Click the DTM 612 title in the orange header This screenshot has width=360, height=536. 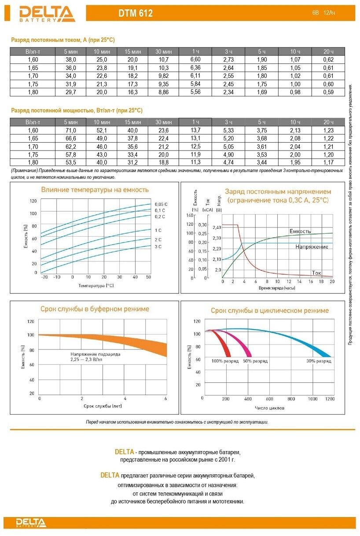pyautogui.click(x=136, y=14)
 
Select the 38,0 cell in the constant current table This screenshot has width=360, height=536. pyautogui.click(x=71, y=59)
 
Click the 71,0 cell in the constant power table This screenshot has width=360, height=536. pyautogui.click(x=71, y=130)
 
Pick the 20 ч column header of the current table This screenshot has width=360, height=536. pyautogui.click(x=328, y=51)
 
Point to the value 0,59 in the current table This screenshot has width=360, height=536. pyautogui.click(x=328, y=92)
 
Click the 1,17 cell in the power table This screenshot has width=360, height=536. pyautogui.click(x=328, y=162)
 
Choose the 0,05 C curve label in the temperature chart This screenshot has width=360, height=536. pyautogui.click(x=161, y=204)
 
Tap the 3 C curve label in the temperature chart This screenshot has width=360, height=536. pyautogui.click(x=158, y=247)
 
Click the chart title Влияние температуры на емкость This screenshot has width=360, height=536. pyautogui.click(x=95, y=190)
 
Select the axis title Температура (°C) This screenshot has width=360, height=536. pyautogui.click(x=96, y=285)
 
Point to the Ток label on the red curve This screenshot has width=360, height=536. pyautogui.click(x=316, y=273)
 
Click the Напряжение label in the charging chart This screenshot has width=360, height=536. pyautogui.click(x=312, y=247)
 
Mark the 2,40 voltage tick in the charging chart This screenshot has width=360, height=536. pyautogui.click(x=217, y=228)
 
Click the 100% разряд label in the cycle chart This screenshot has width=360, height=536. pyautogui.click(x=225, y=361)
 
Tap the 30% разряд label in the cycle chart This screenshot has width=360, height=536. pyautogui.click(x=319, y=361)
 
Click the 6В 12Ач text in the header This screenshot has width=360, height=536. pyautogui.click(x=323, y=14)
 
